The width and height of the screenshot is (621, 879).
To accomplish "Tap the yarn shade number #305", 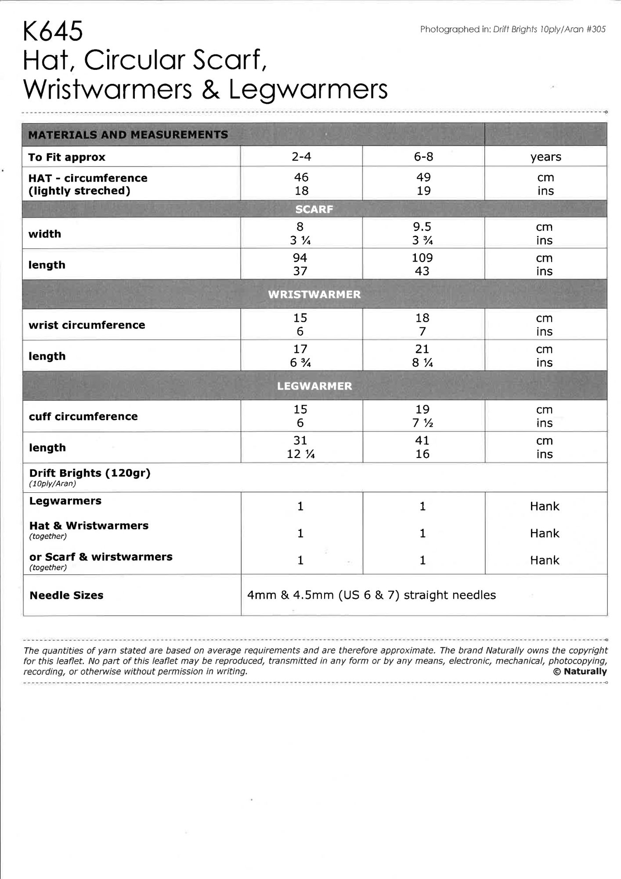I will (596, 29).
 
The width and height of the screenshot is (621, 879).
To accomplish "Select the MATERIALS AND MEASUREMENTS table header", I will (128, 134).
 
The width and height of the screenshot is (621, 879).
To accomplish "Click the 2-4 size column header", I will (301, 156).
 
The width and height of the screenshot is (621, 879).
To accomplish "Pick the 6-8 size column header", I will (423, 156).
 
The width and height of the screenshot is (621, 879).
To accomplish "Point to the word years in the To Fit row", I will (545, 157).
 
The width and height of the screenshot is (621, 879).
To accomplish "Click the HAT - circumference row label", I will (88, 178).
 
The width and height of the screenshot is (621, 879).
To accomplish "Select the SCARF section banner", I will (314, 209).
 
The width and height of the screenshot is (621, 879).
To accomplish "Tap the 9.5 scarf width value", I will (422, 227).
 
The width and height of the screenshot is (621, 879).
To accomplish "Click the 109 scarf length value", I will (422, 258).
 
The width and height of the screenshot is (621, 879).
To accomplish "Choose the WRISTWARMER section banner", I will (314, 294).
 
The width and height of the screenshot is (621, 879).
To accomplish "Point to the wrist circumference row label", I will (87, 325).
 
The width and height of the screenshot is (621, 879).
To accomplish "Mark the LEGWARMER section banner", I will (314, 386).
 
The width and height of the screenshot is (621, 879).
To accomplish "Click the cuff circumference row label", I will (83, 416).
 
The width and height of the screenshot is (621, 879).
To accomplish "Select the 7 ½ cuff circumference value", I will (422, 423).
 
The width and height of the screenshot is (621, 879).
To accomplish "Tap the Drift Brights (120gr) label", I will (90, 473).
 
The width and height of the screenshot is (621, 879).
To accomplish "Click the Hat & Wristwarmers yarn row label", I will (89, 526).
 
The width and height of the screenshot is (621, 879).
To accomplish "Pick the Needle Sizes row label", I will (66, 595).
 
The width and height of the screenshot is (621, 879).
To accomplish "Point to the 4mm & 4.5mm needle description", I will (371, 595).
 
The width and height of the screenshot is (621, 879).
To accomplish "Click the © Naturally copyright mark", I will (580, 672).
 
